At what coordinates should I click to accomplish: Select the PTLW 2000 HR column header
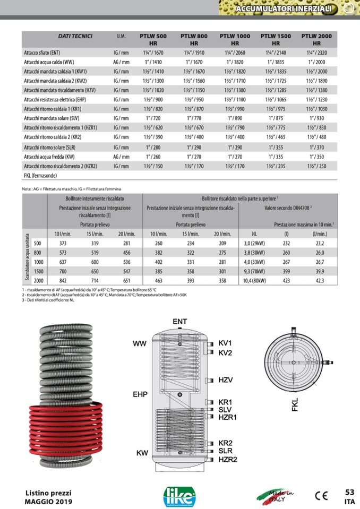click(316, 39)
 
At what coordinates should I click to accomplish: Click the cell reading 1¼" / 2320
click(316, 53)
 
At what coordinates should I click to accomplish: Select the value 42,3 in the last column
click(319, 280)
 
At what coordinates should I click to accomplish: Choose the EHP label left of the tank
click(140, 394)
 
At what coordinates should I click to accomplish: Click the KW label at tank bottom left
click(142, 453)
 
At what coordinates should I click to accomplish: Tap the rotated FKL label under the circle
click(295, 404)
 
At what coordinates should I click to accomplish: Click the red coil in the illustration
click(66, 419)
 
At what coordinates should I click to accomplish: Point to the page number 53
click(349, 492)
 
